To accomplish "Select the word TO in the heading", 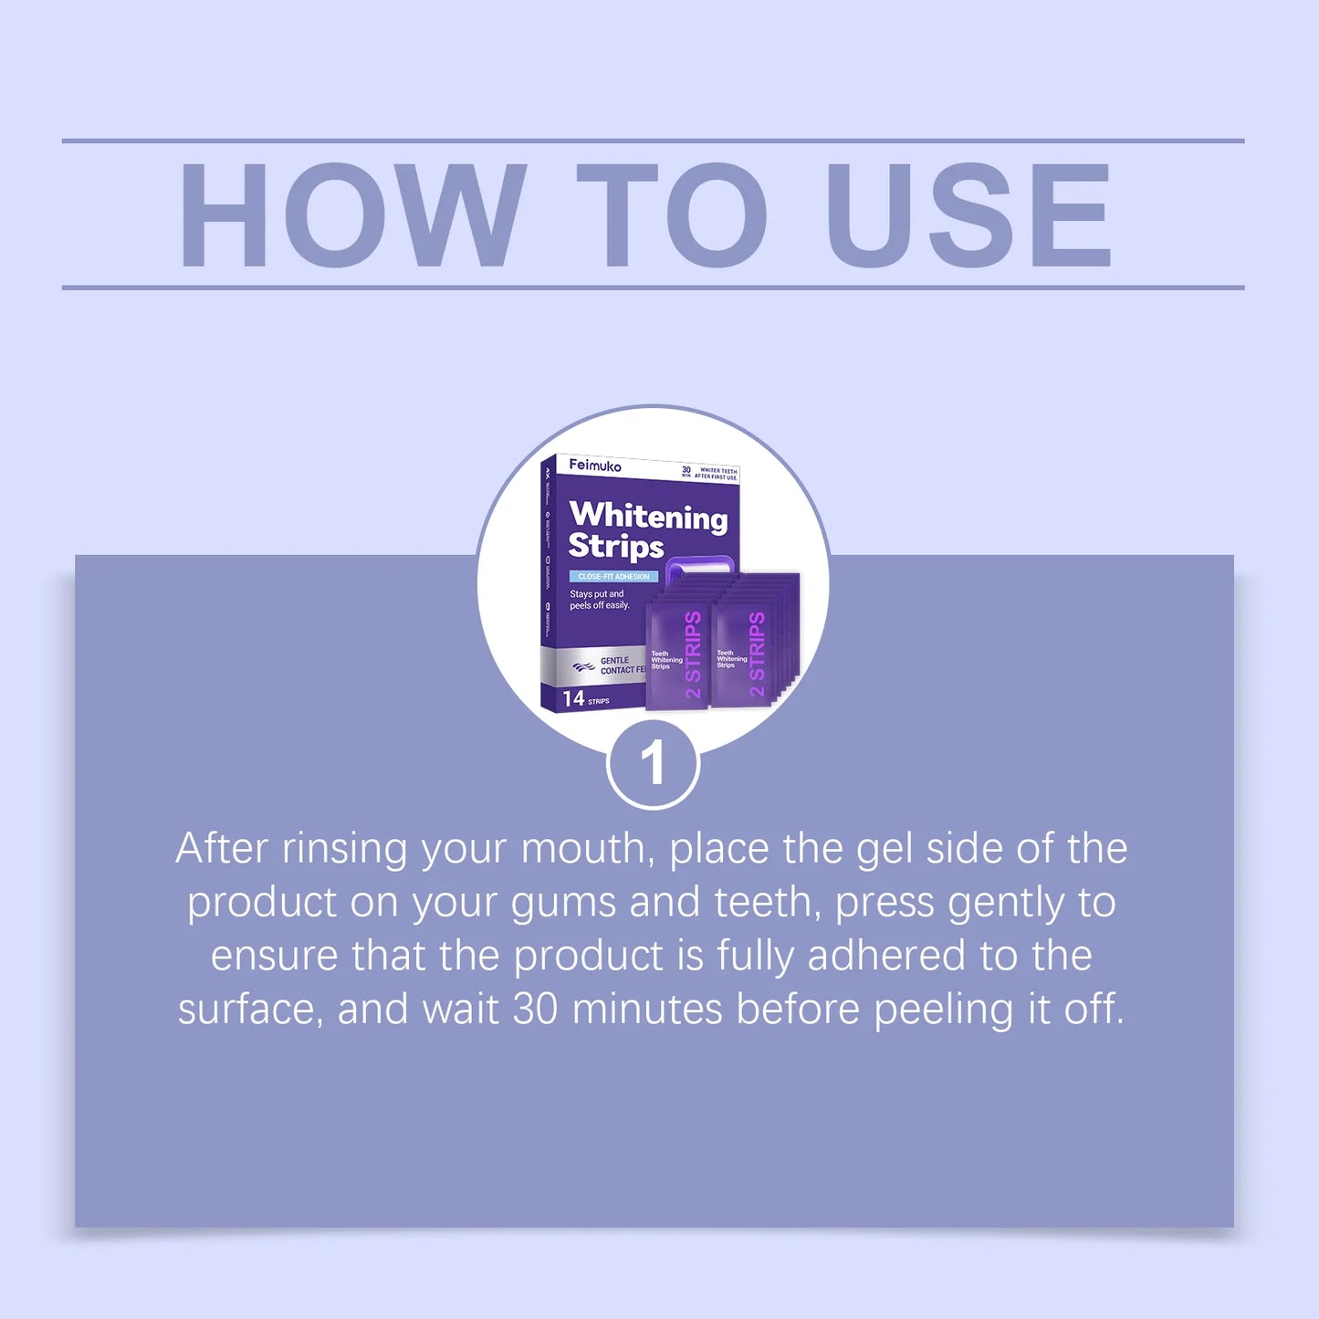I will [672, 216].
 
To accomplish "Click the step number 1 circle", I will [653, 763].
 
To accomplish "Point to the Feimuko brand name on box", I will [595, 466].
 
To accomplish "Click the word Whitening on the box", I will [648, 516].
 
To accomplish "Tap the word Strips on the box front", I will [616, 546].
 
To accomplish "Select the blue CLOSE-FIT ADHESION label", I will [613, 577].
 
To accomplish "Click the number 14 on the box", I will [573, 699].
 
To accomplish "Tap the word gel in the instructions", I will [884, 850].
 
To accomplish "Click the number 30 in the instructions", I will [535, 1010].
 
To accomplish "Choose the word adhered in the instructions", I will [885, 956].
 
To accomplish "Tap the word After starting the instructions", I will [222, 849].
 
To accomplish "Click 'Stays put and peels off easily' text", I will [599, 600].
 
